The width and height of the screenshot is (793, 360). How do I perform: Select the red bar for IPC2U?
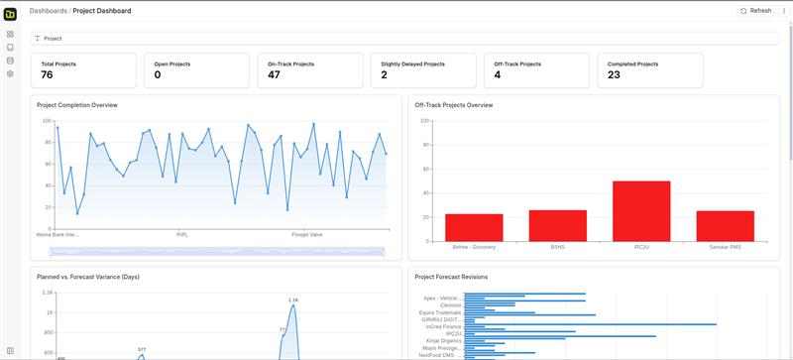point(641,211)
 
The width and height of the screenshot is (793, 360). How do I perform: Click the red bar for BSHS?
point(557,225)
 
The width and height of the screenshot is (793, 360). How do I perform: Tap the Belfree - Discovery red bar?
point(474,227)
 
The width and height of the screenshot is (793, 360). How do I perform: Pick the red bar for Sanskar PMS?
point(725,226)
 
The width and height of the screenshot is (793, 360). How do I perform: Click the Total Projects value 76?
point(47,75)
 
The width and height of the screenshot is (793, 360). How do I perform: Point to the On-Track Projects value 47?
point(274,75)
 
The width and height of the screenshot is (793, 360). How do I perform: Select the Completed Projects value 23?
point(614,75)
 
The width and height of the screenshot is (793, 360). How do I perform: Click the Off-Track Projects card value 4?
point(498,75)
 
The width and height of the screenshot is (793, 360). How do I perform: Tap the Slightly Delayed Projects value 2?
point(384,75)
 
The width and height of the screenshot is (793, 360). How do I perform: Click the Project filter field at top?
point(396,38)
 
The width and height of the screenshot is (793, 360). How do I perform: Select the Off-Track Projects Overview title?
point(453,104)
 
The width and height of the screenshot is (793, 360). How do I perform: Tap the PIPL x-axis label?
point(182,235)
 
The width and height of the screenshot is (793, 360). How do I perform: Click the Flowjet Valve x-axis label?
point(307,235)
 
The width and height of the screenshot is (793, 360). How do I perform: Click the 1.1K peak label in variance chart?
point(293,300)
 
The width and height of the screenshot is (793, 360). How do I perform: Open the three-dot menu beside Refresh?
point(783,10)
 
